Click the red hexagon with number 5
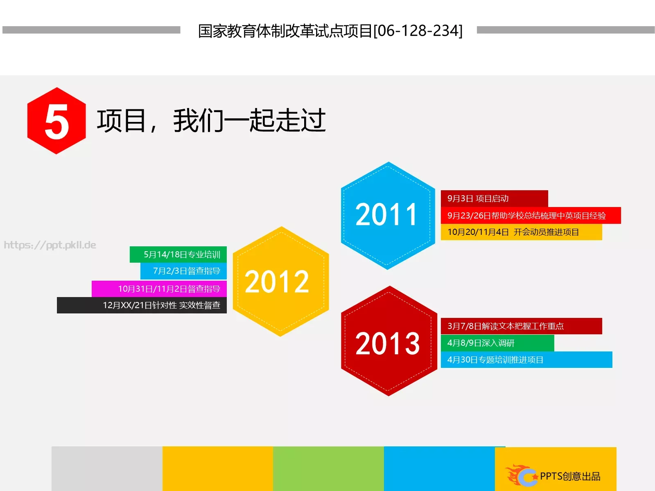point(56,121)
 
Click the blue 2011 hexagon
point(388,216)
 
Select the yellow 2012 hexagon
point(280,282)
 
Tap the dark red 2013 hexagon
point(388,342)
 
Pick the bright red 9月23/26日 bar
point(530,216)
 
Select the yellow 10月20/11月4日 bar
point(521,232)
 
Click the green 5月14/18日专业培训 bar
point(178,255)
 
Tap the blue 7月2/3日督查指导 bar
point(183,271)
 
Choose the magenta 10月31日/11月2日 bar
point(159,289)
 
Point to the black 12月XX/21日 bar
point(142,305)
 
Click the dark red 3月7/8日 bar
point(521,326)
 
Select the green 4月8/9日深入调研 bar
point(497,343)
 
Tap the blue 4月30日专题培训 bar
point(526,360)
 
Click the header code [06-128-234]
point(418,31)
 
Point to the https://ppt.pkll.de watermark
point(50,245)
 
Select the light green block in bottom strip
point(328,468)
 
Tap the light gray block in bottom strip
point(107,468)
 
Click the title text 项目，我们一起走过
point(211,121)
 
